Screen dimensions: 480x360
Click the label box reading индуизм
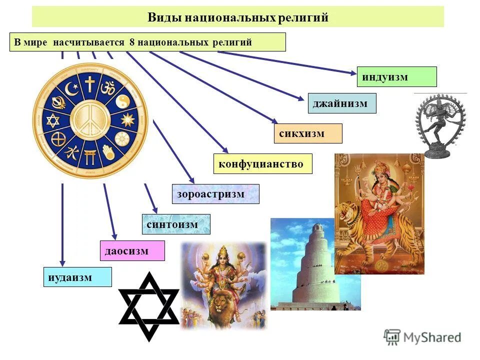(396, 77)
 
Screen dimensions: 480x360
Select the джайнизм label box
(341, 103)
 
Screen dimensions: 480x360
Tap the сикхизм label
(308, 133)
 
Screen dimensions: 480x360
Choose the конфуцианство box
(262, 164)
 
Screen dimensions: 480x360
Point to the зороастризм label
(215, 194)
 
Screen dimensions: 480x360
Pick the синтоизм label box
(175, 224)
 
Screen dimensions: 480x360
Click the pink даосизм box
(132, 250)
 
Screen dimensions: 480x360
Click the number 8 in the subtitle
(132, 42)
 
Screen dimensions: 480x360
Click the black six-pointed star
(149, 306)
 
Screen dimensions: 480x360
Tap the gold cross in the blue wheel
(89, 84)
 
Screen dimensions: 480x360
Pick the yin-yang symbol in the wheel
(122, 101)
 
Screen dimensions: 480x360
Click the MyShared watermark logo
(423, 337)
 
